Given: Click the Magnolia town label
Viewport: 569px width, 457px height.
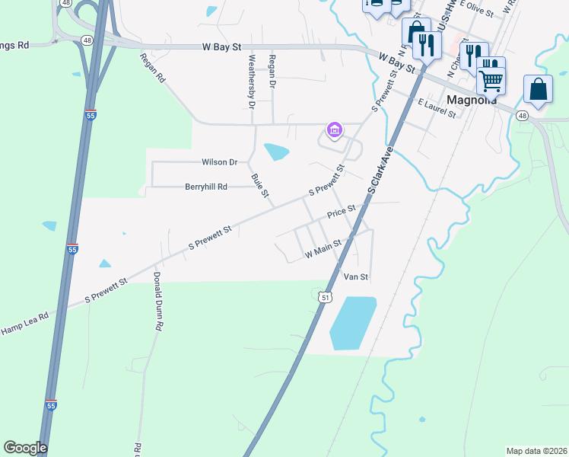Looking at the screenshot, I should [472, 100].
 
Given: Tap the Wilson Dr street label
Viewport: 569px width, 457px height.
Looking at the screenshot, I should [219, 162].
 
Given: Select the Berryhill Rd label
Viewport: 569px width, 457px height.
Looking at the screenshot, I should [206, 187].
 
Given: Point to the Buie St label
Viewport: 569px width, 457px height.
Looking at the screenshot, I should [260, 186].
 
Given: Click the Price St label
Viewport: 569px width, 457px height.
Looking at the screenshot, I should [342, 212].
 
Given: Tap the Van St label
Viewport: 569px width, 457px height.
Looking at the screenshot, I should [356, 276].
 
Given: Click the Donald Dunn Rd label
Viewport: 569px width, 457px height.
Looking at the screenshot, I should [157, 301].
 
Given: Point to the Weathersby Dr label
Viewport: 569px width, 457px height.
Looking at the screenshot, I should [251, 81].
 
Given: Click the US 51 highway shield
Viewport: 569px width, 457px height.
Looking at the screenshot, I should [326, 297].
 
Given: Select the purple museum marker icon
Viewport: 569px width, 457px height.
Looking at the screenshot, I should [334, 130].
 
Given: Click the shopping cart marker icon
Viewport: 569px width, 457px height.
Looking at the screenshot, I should [491, 78].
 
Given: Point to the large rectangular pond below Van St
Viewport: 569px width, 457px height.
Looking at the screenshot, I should [352, 324].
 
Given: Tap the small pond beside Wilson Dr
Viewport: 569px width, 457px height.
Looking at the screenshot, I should [275, 151].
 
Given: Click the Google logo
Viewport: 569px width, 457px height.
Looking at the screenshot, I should [25, 448].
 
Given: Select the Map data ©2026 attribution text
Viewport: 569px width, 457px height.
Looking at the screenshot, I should [536, 451].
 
